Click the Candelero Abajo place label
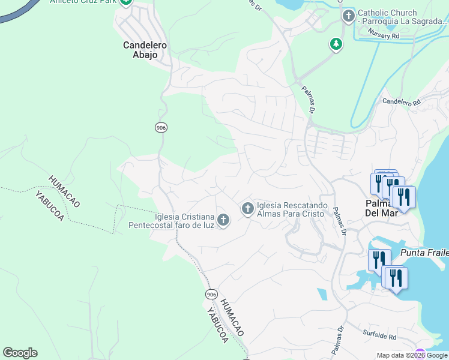(145, 50)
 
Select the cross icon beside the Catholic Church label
(348, 16)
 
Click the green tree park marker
(336, 44)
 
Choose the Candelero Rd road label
(402, 102)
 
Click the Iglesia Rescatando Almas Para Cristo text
(292, 209)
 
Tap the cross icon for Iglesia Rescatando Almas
(247, 208)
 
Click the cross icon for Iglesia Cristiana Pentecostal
(223, 220)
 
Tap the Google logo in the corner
(20, 352)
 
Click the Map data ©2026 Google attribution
(412, 355)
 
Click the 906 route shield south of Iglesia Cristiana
(210, 294)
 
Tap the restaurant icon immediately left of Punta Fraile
(379, 259)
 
